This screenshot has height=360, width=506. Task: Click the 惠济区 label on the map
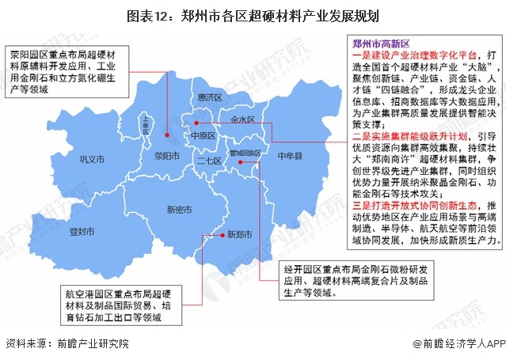(210, 96)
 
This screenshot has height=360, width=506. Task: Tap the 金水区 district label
(242, 119)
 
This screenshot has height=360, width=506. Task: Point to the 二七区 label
(208, 161)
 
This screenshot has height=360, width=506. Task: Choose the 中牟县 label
(291, 157)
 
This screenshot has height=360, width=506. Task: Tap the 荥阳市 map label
(168, 156)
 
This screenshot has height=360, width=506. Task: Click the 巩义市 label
(92, 161)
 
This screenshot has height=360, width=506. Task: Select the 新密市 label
(179, 210)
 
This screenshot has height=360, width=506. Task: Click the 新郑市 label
(239, 234)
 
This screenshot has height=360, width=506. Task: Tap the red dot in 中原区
(195, 123)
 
